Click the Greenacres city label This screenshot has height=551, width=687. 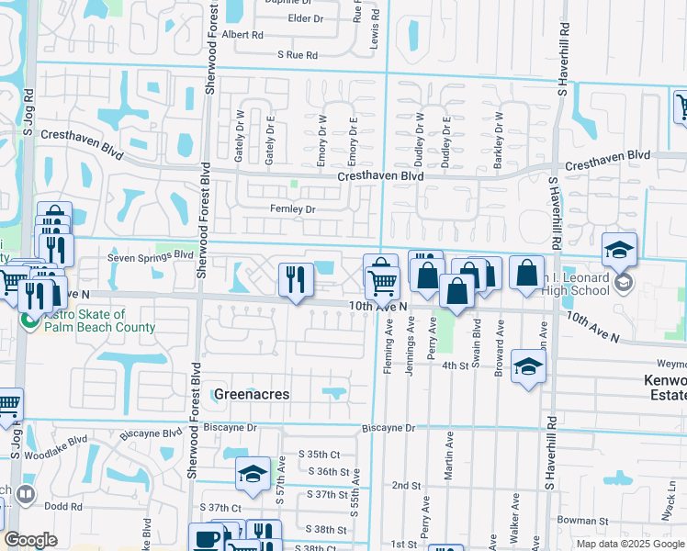click(251, 394)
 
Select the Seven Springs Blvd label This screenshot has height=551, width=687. click(151, 257)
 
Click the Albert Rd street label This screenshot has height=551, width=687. click(242, 35)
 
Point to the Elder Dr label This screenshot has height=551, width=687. click(306, 18)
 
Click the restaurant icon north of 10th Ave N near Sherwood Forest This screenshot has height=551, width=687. click(295, 279)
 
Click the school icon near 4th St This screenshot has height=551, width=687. click(528, 366)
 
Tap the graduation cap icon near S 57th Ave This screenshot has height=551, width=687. click(253, 473)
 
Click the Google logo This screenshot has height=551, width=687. click(31, 540)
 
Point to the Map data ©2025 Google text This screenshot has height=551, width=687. click(629, 544)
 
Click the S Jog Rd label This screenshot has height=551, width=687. click(28, 107)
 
